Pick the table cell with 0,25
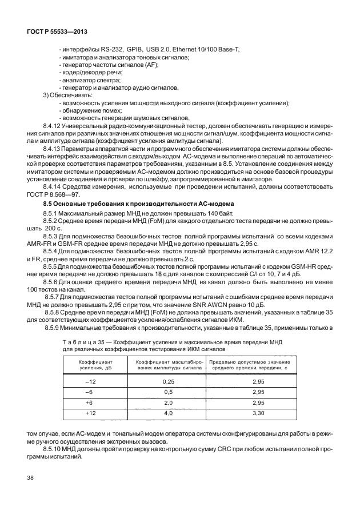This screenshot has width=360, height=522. pos(168,381)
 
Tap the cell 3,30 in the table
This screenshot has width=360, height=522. pos(258,412)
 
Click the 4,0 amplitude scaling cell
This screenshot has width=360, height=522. pos(168,412)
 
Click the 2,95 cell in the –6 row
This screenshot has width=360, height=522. pos(258,392)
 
